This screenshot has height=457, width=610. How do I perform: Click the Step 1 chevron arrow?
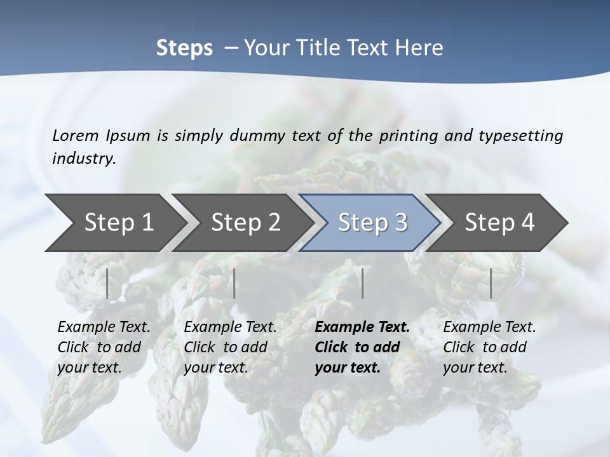[114, 223]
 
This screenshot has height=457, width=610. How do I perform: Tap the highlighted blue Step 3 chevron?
[372, 223]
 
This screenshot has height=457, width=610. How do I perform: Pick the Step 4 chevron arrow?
[499, 223]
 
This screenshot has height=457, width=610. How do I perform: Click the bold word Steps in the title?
[184, 48]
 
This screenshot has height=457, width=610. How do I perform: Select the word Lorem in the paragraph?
[76, 135]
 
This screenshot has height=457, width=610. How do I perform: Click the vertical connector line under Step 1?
[107, 283]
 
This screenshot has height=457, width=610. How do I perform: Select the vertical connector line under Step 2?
[234, 283]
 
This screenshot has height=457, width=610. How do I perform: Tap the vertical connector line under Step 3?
[362, 283]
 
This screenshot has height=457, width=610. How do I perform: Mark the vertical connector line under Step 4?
[491, 283]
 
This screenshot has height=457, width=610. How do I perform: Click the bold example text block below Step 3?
[362, 347]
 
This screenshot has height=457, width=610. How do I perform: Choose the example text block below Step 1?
[104, 347]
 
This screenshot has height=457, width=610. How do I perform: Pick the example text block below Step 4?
[489, 347]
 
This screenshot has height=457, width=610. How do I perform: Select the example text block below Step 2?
[230, 347]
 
